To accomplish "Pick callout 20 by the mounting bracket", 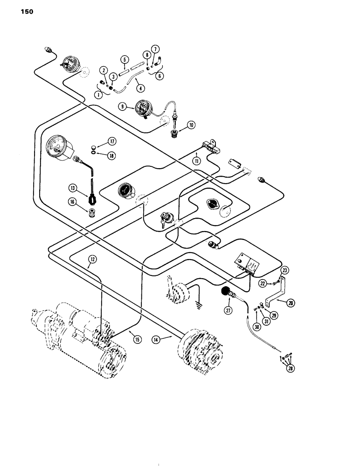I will pos(291,302).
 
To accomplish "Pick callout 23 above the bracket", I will pos(285,268).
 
